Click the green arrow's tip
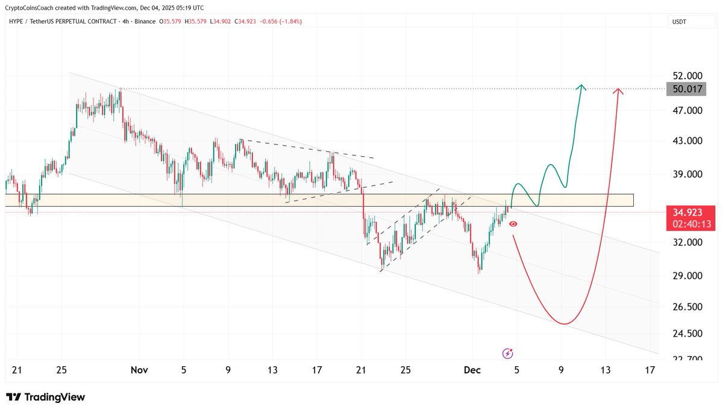tap(581, 86)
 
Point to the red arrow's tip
tap(618, 90)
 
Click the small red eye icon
tap(513, 223)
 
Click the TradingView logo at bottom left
tap(46, 397)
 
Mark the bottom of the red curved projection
tap(563, 324)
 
